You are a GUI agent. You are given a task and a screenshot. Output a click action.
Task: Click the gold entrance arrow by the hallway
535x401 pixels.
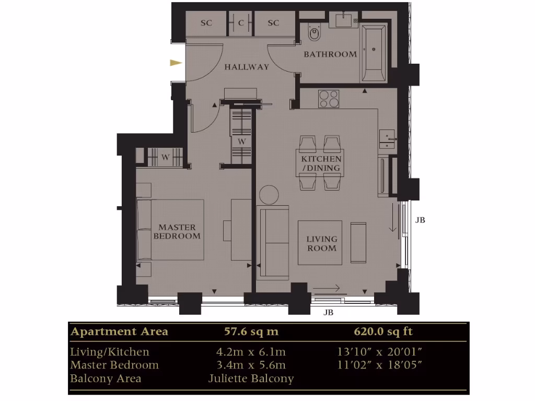coord(176,63)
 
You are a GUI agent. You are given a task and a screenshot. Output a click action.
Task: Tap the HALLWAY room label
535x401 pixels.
coord(247,67)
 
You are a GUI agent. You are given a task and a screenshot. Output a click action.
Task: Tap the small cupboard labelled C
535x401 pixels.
coord(241,23)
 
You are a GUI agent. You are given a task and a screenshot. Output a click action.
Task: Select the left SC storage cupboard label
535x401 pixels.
coord(206,23)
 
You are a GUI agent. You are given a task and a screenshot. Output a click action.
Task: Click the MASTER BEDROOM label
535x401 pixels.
coord(177,231)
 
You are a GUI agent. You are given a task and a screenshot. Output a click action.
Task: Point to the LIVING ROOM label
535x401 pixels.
coord(322,243)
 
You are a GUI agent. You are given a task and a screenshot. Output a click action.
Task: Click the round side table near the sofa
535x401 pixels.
coord(270,195)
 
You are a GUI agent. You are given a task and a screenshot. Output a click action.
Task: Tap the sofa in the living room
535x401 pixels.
coord(273,242)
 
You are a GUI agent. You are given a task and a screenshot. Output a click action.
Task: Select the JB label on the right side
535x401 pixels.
coord(420,220)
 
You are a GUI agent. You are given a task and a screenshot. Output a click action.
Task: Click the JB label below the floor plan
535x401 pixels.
coord(328,313)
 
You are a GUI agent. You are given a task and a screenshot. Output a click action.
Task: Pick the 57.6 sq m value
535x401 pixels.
coord(251,332)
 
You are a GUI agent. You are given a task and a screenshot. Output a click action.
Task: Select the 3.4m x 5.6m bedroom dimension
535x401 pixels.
coord(251,364)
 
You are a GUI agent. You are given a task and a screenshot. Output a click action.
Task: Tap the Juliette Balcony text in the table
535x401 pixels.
coord(251,378)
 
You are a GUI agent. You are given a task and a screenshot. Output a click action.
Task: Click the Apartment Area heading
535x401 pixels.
coord(120,332)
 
